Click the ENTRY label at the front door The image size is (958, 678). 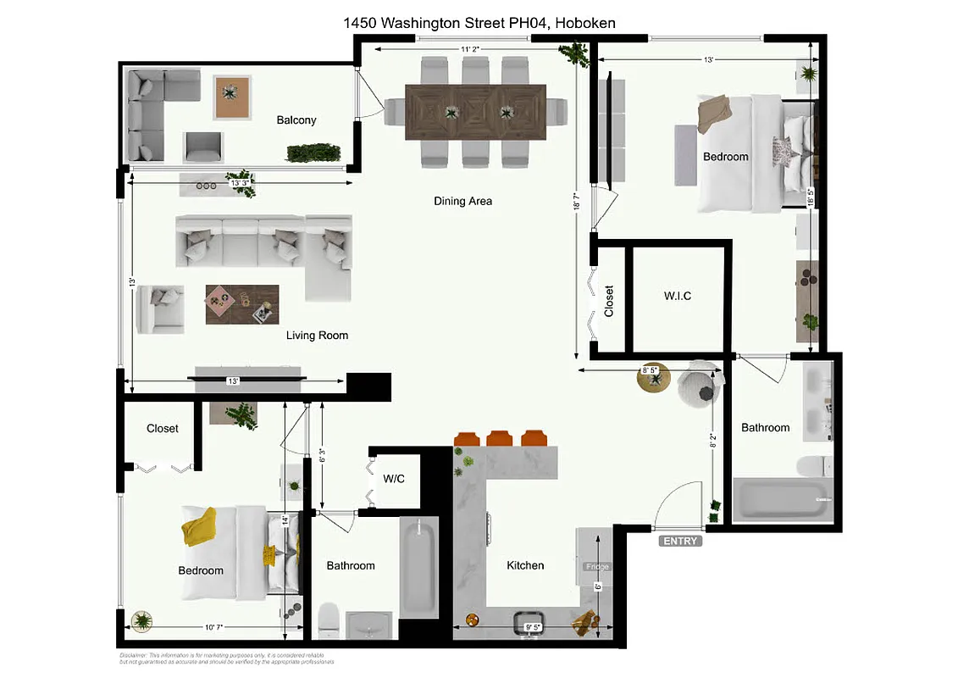click(680, 541)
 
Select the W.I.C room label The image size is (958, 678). click(677, 297)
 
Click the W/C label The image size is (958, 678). click(394, 479)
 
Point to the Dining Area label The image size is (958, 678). click(462, 202)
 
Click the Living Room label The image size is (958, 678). click(317, 336)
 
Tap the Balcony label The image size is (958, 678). click(296, 120)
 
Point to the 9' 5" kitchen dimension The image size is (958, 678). click(534, 628)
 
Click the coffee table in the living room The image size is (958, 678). click(241, 303)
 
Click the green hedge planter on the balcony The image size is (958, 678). click(313, 153)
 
